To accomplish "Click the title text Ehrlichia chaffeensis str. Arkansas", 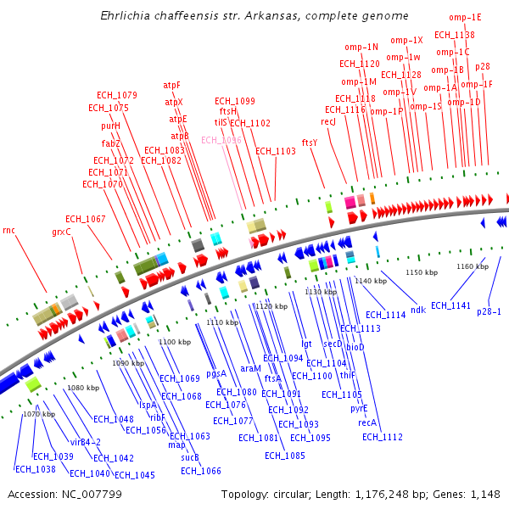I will [254, 16].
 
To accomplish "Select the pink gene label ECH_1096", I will [221, 140].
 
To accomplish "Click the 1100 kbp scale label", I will [174, 341].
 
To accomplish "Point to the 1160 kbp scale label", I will [473, 266].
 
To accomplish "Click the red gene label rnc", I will [9, 230].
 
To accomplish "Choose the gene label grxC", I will [61, 232].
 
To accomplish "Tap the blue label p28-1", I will [489, 311].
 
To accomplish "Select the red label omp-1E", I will [465, 17].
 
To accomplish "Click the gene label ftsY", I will [310, 143].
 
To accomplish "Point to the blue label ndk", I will [418, 310].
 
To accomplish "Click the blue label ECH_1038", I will [35, 469].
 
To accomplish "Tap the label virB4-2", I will [86, 442].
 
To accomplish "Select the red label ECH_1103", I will [276, 151].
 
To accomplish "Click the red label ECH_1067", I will [86, 219].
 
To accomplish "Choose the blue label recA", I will [367, 422].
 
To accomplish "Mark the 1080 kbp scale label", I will [83, 388].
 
